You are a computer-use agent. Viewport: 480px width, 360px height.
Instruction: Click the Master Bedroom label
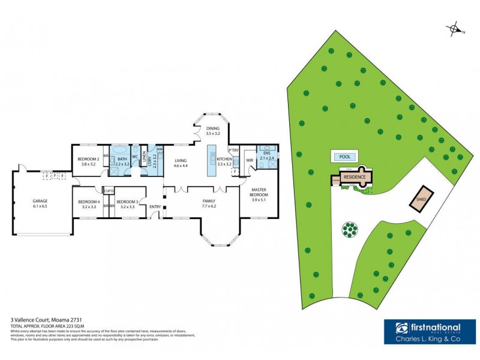(259, 193)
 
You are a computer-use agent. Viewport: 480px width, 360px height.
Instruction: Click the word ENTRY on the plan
(155, 207)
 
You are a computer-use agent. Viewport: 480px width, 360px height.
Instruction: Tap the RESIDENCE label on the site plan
(354, 178)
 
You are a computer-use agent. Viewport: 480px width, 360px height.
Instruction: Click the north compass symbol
(455, 29)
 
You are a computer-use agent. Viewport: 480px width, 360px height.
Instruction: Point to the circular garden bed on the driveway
(349, 229)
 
